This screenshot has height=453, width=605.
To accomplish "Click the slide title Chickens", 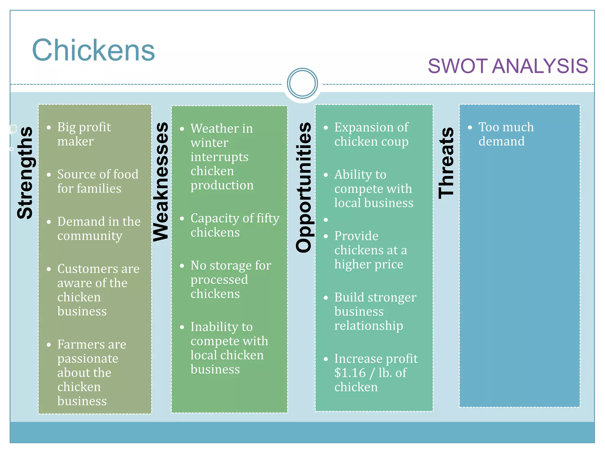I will [93, 50].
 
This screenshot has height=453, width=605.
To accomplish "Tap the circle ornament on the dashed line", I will [302, 83].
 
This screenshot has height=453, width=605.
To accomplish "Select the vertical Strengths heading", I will [25, 173].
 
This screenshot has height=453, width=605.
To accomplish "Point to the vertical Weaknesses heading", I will [161, 182].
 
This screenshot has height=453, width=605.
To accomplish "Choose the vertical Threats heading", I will [446, 163].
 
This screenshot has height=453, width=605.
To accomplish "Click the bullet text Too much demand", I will [506, 134].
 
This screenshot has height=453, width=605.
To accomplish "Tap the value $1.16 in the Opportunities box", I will [350, 373].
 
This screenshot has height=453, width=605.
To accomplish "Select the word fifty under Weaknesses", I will [268, 219].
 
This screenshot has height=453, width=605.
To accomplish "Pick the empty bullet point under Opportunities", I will [326, 220].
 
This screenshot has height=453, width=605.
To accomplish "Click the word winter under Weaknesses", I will [209, 143].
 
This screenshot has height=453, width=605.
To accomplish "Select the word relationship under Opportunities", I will [368, 326].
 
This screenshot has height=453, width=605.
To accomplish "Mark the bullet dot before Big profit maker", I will [49, 128].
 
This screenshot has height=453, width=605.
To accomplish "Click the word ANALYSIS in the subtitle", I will [540, 66].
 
